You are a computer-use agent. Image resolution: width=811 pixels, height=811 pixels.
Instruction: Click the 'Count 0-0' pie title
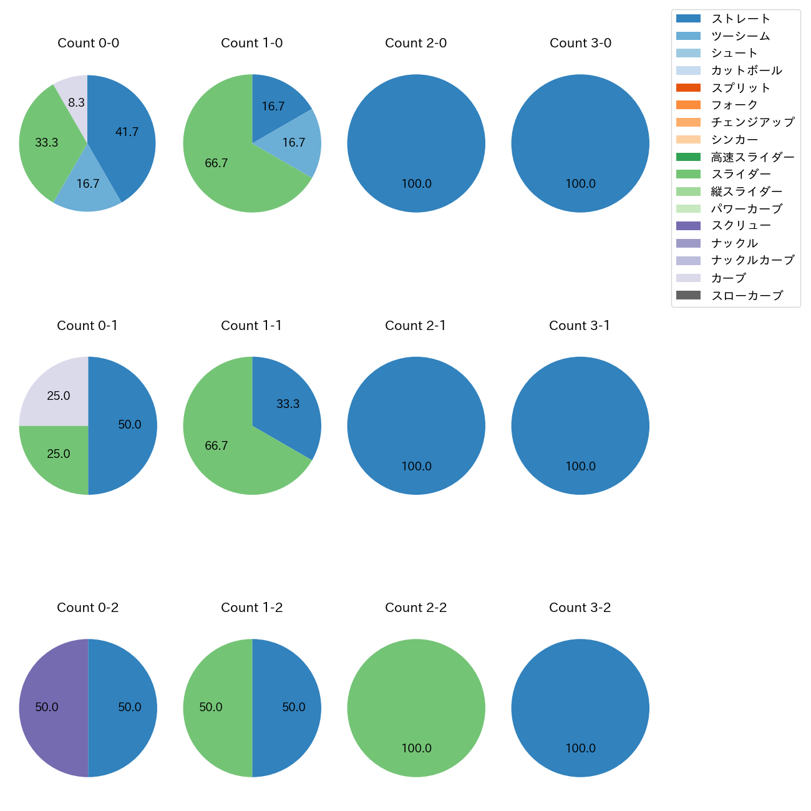click(x=88, y=43)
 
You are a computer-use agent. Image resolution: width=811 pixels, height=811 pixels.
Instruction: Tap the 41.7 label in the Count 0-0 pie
click(x=127, y=132)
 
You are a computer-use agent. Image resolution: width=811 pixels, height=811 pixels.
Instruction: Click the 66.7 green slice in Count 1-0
click(x=218, y=163)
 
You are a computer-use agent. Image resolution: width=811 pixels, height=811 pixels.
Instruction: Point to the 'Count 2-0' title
click(x=415, y=43)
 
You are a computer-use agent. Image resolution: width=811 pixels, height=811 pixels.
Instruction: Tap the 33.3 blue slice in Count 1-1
click(x=288, y=404)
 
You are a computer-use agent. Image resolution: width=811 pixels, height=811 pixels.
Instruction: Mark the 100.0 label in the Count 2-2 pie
click(x=416, y=748)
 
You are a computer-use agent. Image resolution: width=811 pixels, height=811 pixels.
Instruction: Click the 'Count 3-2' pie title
click(x=580, y=608)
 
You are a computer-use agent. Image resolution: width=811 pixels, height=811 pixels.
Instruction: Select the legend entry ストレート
click(x=741, y=19)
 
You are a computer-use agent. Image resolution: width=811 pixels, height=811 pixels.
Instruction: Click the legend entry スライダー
click(x=741, y=174)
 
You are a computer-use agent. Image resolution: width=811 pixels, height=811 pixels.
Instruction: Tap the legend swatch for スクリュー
click(x=688, y=226)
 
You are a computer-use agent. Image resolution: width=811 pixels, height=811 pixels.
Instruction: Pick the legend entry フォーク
click(x=734, y=105)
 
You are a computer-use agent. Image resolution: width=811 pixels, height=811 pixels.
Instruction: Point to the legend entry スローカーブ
click(x=747, y=295)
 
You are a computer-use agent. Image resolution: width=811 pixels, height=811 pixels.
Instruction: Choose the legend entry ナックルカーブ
click(x=752, y=260)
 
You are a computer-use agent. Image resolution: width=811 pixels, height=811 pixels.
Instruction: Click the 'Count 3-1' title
click(x=580, y=326)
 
